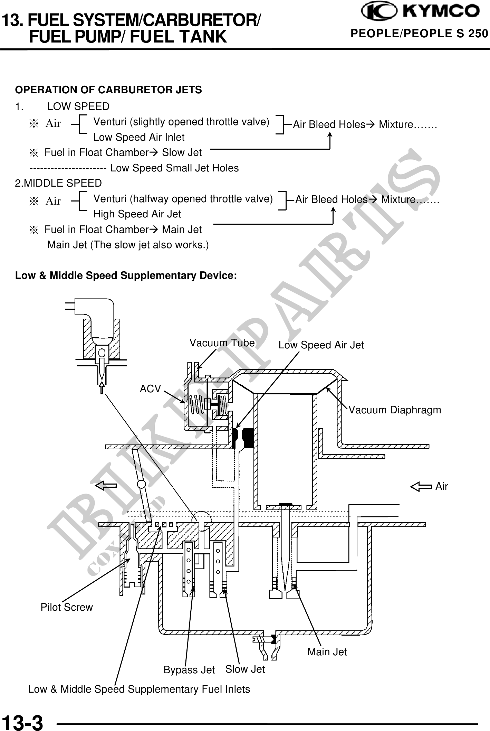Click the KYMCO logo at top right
coord(420,12)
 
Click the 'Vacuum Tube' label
coord(222,343)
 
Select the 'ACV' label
coord(150,389)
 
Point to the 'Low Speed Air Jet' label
coord(321,345)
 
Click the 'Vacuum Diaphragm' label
coord(395,410)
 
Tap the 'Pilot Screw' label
coord(67,607)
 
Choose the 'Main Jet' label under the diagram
coord(327,652)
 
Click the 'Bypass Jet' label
coord(189,670)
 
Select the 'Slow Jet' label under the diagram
coord(245,669)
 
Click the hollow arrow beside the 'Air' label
coord(421,487)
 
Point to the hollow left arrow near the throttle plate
coord(106,486)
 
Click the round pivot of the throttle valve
coord(142,483)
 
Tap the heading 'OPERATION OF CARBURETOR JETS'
coord(108,90)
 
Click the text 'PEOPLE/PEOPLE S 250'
coord(419,34)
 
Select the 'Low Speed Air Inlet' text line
coord(139,137)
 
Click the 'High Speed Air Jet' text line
coord(137,214)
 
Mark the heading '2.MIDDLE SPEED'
coord(58,183)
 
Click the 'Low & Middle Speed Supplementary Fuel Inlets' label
coord(139,689)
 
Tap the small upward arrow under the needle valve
coord(102,387)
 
